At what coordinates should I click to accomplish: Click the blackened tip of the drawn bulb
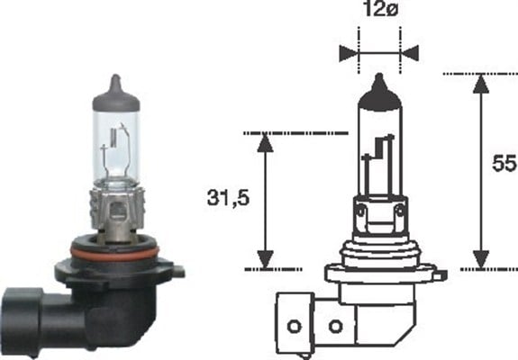coord(378,85)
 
